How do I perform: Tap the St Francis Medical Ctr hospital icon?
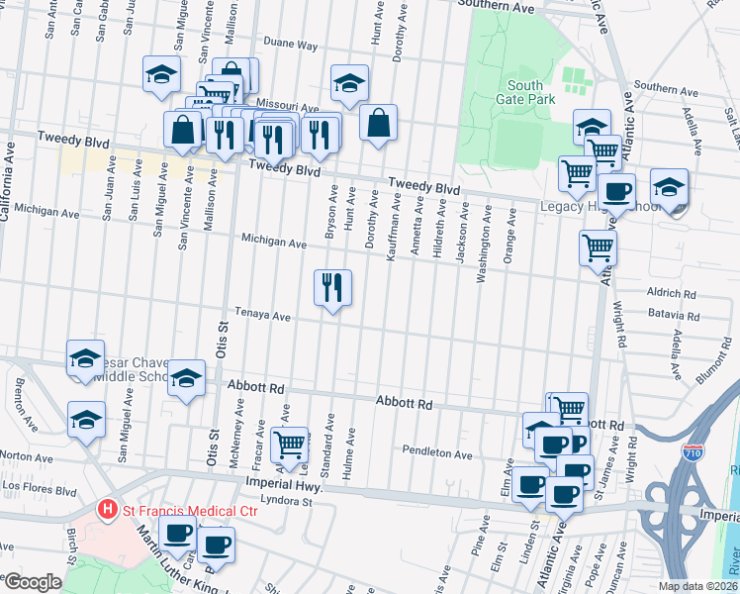point(108,510)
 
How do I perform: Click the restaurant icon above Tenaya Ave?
point(332,287)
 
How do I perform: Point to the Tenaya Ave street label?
point(262,317)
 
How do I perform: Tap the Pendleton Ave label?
point(437,452)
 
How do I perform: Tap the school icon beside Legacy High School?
point(669,187)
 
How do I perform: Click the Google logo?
point(33,582)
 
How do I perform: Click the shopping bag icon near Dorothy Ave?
point(378,124)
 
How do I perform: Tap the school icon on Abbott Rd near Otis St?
point(186,378)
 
